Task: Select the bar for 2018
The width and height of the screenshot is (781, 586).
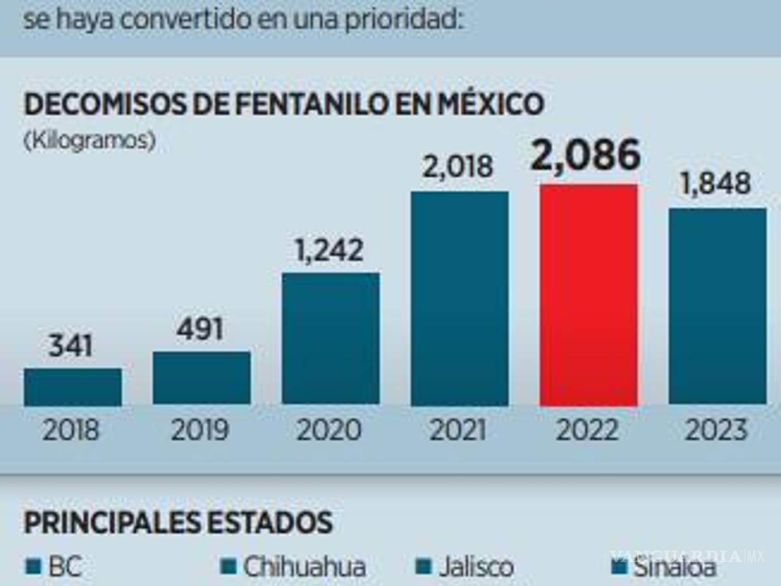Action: [73, 387]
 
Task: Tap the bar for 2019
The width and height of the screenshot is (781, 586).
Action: [202, 378]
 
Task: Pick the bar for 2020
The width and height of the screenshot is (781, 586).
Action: [331, 339]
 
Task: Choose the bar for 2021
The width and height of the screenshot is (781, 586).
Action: [459, 298]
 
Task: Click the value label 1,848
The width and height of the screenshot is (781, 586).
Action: [715, 184]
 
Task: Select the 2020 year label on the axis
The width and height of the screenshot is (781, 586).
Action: [329, 430]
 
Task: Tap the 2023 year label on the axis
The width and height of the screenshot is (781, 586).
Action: [716, 430]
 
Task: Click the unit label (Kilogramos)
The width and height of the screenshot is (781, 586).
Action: [90, 141]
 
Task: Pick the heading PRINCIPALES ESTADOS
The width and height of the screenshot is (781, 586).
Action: [178, 522]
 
